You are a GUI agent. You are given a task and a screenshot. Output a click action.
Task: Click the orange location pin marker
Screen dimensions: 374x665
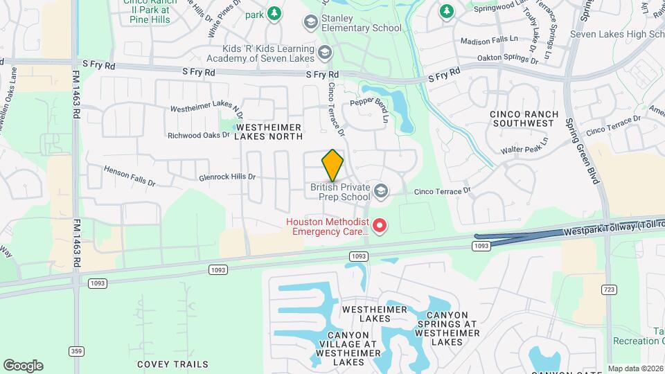click(333, 165)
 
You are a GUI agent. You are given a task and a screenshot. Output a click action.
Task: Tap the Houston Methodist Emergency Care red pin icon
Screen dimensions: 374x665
click(380, 226)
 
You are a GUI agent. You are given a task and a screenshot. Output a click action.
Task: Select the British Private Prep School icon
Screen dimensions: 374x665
click(380, 190)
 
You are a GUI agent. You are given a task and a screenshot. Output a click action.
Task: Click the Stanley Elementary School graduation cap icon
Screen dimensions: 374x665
click(310, 23)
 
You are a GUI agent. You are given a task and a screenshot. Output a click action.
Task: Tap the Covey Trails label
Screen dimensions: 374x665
click(172, 364)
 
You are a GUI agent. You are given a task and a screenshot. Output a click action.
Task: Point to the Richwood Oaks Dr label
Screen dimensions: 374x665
click(198, 135)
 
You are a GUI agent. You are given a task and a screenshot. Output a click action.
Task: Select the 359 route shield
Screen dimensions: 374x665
click(76, 351)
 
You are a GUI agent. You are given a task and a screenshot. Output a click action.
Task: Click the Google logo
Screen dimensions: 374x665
click(23, 365)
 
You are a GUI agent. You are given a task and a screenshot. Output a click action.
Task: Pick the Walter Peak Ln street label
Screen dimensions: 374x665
click(524, 145)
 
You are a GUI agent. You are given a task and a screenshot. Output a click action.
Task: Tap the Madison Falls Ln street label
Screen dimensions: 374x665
click(488, 42)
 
